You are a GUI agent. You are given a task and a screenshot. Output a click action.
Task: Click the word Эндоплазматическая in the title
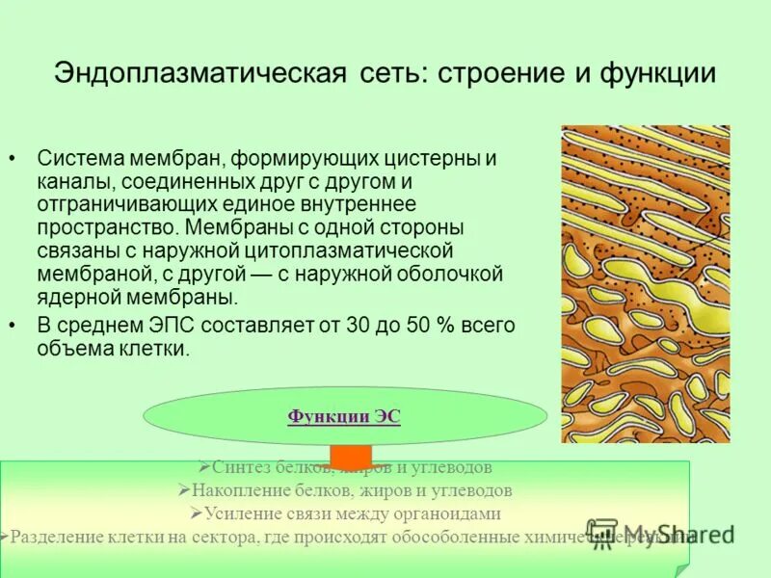pos(199,74)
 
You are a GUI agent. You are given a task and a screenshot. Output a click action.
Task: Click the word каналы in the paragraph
pos(72,181)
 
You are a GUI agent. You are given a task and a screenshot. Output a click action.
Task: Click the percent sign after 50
pos(445,326)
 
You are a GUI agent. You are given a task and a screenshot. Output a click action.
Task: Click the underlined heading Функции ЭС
pos(343,416)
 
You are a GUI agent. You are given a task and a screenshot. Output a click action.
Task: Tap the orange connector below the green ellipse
pos(350,453)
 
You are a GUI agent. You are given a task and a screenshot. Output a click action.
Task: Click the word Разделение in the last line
pos(57,537)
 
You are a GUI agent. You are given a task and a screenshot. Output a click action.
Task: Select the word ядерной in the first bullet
pos(71,297)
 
